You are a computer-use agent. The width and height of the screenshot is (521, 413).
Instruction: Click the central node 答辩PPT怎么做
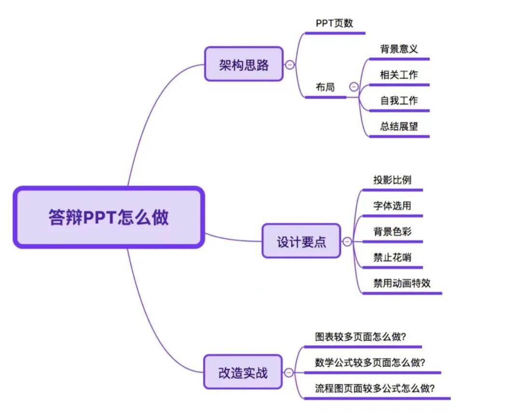point(109,218)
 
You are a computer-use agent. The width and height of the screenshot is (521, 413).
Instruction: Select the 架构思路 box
point(244,64)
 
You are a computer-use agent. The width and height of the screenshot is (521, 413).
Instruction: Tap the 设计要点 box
point(301,241)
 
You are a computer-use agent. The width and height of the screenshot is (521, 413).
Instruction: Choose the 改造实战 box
point(243,372)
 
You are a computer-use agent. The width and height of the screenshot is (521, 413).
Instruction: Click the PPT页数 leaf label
point(334,23)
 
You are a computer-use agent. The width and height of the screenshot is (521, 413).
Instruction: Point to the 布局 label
point(325,87)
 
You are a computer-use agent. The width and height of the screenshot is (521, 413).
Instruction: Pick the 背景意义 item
point(398,49)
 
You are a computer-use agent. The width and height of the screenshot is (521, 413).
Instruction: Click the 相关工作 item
point(398,75)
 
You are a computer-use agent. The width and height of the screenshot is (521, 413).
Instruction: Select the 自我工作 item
point(398,100)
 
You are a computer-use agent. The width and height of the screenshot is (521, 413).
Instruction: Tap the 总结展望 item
point(398,126)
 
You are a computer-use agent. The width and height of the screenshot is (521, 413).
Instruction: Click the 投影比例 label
point(392,180)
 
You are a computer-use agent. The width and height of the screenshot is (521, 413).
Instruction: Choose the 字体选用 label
point(392,206)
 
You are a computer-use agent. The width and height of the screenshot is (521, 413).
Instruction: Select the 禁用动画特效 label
point(401,283)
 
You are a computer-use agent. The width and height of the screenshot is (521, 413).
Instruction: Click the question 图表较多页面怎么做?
point(360,337)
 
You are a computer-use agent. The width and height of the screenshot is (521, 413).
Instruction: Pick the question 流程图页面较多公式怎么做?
point(375,388)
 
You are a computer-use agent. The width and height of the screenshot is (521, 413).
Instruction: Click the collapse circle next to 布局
point(354,87)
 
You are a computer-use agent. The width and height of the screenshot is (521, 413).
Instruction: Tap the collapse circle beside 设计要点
point(347,241)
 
